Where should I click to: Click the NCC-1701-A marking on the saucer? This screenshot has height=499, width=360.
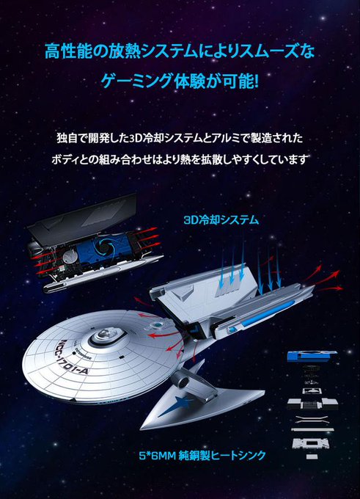click(71, 357)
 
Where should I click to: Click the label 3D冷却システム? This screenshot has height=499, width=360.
click(221, 220)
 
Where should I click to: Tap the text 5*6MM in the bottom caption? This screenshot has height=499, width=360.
click(158, 456)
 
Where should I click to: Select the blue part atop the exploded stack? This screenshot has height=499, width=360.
click(312, 356)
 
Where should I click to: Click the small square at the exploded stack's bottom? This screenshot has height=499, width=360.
click(309, 456)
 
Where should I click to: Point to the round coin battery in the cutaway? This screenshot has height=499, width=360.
click(68, 257)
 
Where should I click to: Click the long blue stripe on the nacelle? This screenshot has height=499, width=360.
click(266, 313)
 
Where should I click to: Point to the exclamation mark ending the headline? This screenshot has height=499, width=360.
click(256, 81)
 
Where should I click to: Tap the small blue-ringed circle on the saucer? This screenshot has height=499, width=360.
click(157, 325)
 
